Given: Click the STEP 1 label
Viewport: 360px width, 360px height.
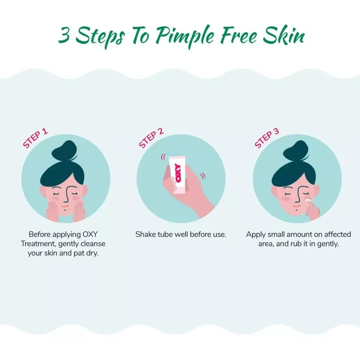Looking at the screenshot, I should coord(35,138).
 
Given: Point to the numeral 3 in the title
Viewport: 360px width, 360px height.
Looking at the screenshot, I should coord(64,36).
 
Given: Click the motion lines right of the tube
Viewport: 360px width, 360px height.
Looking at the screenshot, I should coord(202,175).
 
